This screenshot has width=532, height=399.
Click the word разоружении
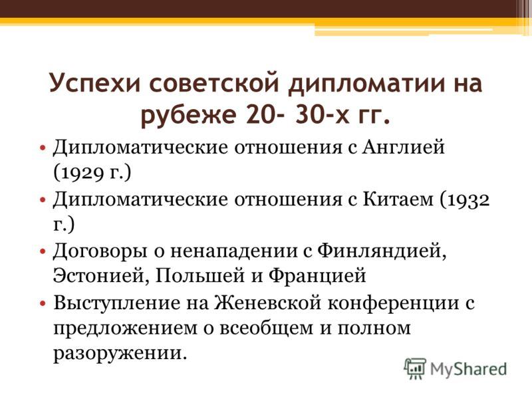116,352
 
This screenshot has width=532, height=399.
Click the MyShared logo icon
415,368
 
